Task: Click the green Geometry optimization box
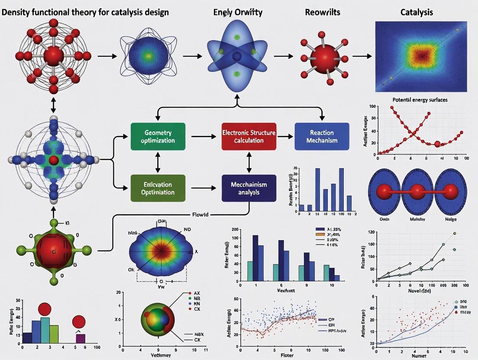click(x=158, y=136)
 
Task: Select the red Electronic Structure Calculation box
click(x=249, y=136)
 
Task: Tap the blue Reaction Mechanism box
click(x=322, y=136)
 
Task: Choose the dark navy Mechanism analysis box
click(x=249, y=188)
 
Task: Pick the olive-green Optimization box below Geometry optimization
click(x=158, y=188)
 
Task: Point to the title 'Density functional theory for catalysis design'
click(x=85, y=12)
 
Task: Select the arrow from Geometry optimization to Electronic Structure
click(x=203, y=137)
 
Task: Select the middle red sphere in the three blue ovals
click(x=417, y=191)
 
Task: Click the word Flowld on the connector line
click(x=200, y=214)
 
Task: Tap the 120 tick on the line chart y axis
click(x=371, y=233)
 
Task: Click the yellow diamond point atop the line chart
click(x=455, y=233)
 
